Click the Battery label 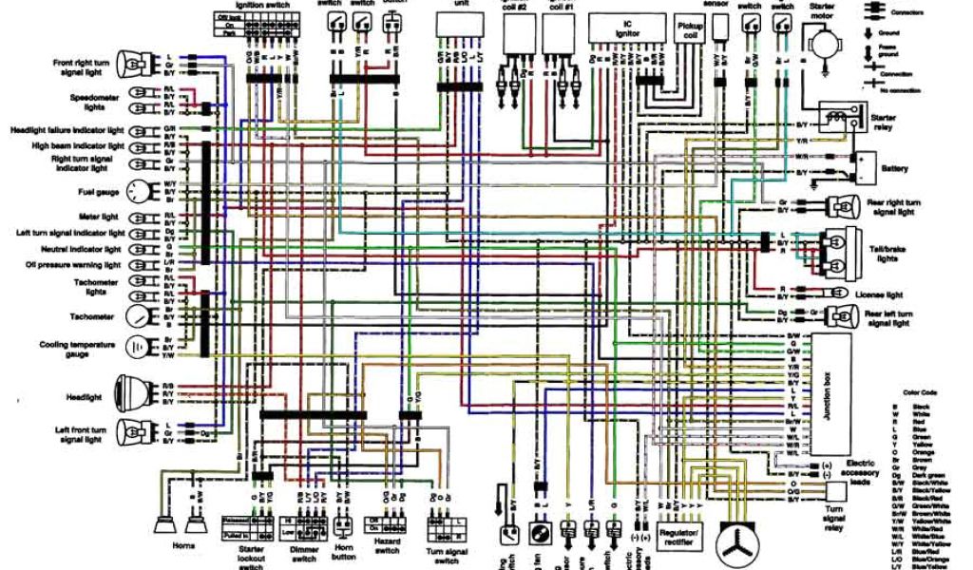click(x=894, y=168)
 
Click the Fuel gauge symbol click(x=139, y=191)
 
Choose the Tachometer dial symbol click(x=139, y=314)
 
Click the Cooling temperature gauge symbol click(x=139, y=346)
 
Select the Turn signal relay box click(x=836, y=490)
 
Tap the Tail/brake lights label click(x=890, y=252)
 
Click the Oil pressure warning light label click(x=73, y=265)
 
